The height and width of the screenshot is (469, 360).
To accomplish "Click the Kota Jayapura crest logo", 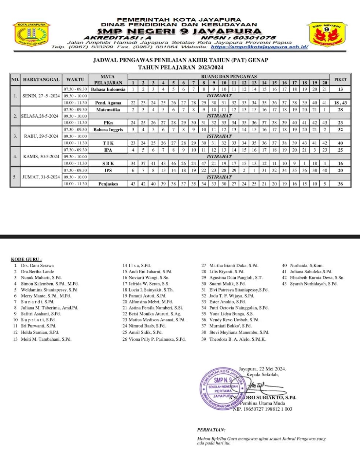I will tap(31, 34).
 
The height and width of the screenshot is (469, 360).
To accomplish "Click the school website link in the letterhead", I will tap(259, 47).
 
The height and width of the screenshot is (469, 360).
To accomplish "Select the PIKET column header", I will tap(340, 79).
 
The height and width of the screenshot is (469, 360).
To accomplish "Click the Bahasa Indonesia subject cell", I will tap(108, 89).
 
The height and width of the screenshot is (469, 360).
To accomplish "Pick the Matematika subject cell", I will tap(108, 110).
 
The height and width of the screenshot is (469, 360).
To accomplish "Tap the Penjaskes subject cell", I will tap(108, 184).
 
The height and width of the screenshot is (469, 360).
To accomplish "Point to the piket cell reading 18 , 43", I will tap(340, 103).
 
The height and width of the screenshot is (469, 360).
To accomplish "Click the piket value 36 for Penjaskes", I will tap(340, 184).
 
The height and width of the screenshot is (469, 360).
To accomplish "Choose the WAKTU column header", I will tap(75, 79).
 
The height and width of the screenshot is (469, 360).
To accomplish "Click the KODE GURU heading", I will tap(26, 259).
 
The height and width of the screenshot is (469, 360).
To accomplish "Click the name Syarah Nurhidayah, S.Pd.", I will tap(313, 284).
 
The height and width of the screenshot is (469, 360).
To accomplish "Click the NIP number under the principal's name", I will tap(262, 409).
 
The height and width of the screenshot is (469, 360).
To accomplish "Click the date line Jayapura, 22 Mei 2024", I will tap(262, 369).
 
